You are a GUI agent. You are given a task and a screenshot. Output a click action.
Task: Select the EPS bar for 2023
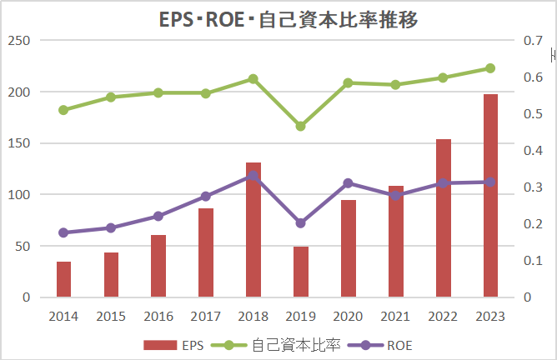pos(490,196)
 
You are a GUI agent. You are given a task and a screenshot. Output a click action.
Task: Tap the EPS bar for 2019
pos(301,272)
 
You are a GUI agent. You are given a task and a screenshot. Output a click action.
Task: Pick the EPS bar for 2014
pos(63,279)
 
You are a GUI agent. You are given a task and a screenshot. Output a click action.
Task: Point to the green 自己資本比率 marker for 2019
pos(301,126)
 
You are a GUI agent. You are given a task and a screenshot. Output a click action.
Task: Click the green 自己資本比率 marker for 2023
pos(490,68)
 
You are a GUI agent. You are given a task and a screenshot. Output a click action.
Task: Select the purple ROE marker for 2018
pos(253,176)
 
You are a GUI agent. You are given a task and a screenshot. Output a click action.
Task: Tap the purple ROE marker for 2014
pos(63,232)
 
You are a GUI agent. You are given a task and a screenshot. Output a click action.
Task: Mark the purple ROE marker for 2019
pos(301,223)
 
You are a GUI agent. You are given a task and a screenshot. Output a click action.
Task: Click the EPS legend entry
pos(173,345)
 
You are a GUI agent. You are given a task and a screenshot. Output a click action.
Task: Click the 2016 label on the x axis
pos(158,317)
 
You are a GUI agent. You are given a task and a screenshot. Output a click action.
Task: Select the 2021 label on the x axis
pos(395,317)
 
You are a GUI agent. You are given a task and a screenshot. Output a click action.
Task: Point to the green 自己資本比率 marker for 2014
pos(63,110)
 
